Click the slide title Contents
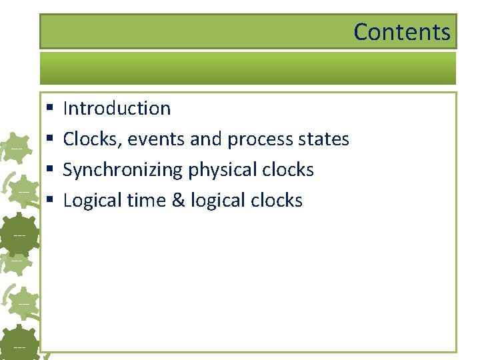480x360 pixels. [x=401, y=32]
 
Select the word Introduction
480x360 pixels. [x=117, y=108]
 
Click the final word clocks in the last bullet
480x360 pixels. [x=275, y=200]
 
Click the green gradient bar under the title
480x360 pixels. [x=247, y=68]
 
